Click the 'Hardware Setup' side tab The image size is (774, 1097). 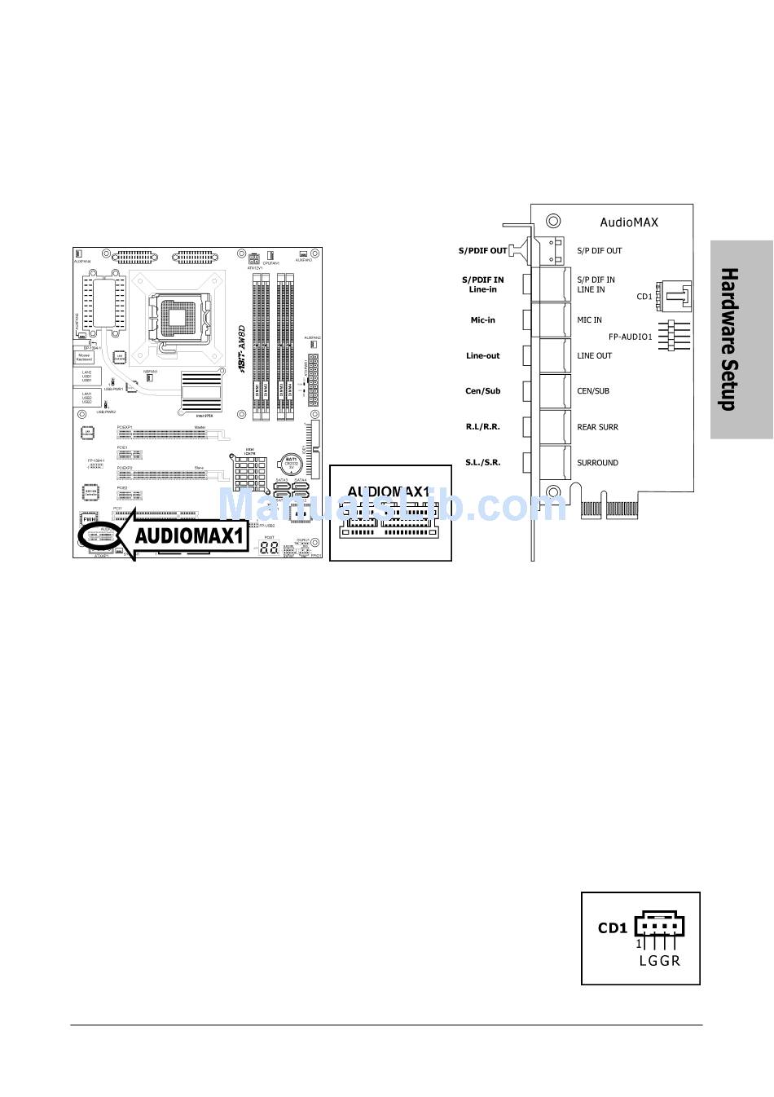741,339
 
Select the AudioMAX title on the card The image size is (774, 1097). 628,222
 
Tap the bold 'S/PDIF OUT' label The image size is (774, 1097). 482,250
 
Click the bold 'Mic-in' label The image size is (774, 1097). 482,320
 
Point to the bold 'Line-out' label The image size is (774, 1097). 482,355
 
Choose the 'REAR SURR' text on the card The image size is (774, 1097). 597,427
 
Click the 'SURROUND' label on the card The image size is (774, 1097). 597,463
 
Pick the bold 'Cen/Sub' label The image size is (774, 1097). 482,391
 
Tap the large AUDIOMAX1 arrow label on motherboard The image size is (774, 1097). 188,536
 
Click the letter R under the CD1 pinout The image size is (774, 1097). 675,961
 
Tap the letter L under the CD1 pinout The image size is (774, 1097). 643,961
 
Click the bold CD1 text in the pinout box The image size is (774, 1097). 612,927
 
